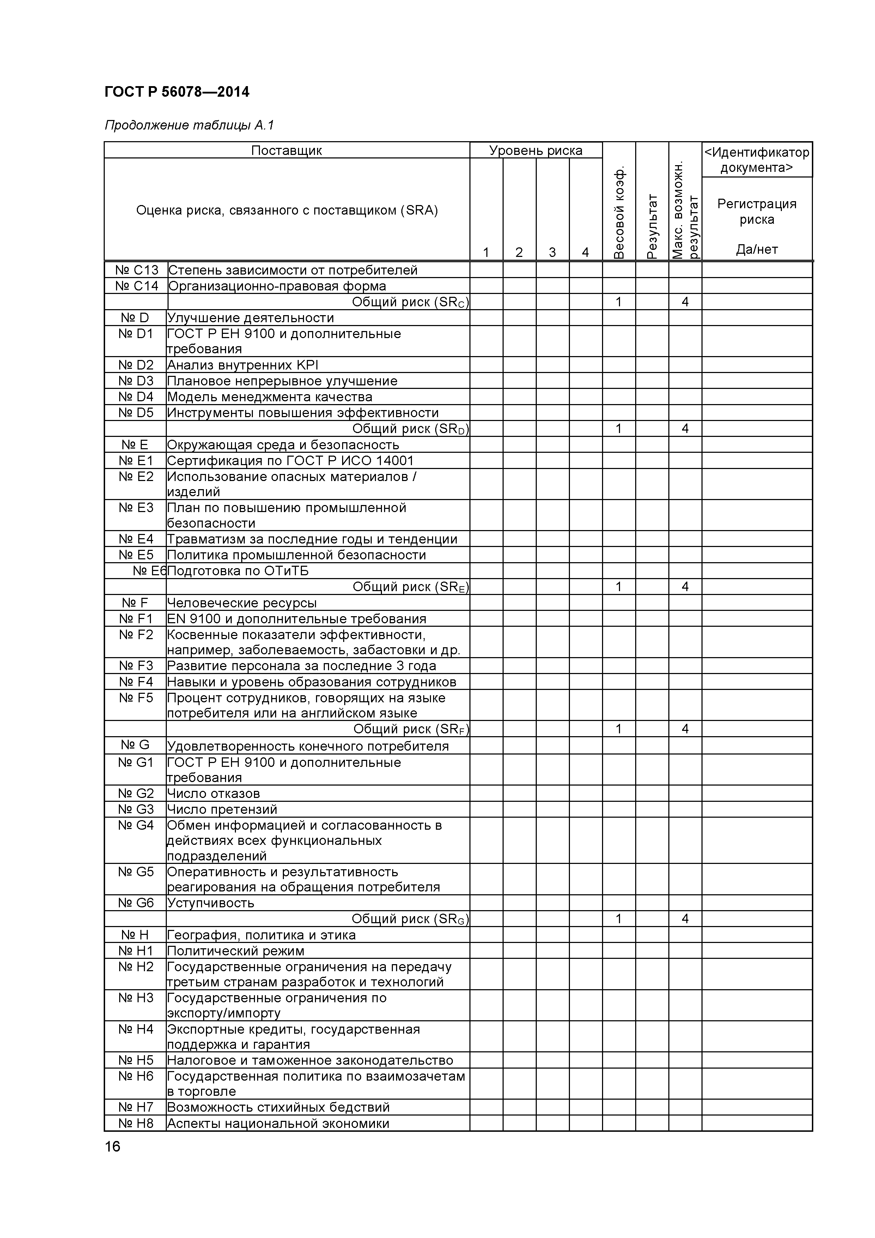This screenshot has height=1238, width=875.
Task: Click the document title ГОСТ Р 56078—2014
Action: click(x=177, y=92)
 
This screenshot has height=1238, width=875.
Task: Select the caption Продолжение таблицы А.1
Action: click(x=189, y=126)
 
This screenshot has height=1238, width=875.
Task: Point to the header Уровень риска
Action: click(x=536, y=150)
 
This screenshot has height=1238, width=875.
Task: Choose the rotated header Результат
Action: click(x=652, y=227)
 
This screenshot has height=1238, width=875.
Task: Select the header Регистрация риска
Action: click(x=756, y=211)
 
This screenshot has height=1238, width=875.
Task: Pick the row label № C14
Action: click(x=136, y=286)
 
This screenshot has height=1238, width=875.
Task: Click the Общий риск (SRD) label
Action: click(x=410, y=429)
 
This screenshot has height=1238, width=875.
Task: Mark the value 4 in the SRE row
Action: click(x=685, y=587)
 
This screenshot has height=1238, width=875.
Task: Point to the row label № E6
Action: click(x=149, y=571)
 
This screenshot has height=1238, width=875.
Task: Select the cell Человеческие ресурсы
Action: click(x=242, y=603)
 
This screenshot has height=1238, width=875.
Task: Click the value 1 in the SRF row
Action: click(x=619, y=729)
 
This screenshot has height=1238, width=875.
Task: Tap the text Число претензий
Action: click(x=222, y=809)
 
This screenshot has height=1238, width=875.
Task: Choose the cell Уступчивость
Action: click(x=211, y=903)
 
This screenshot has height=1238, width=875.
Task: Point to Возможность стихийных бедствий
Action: click(x=278, y=1107)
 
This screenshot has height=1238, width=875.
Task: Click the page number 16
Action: click(x=113, y=1146)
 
